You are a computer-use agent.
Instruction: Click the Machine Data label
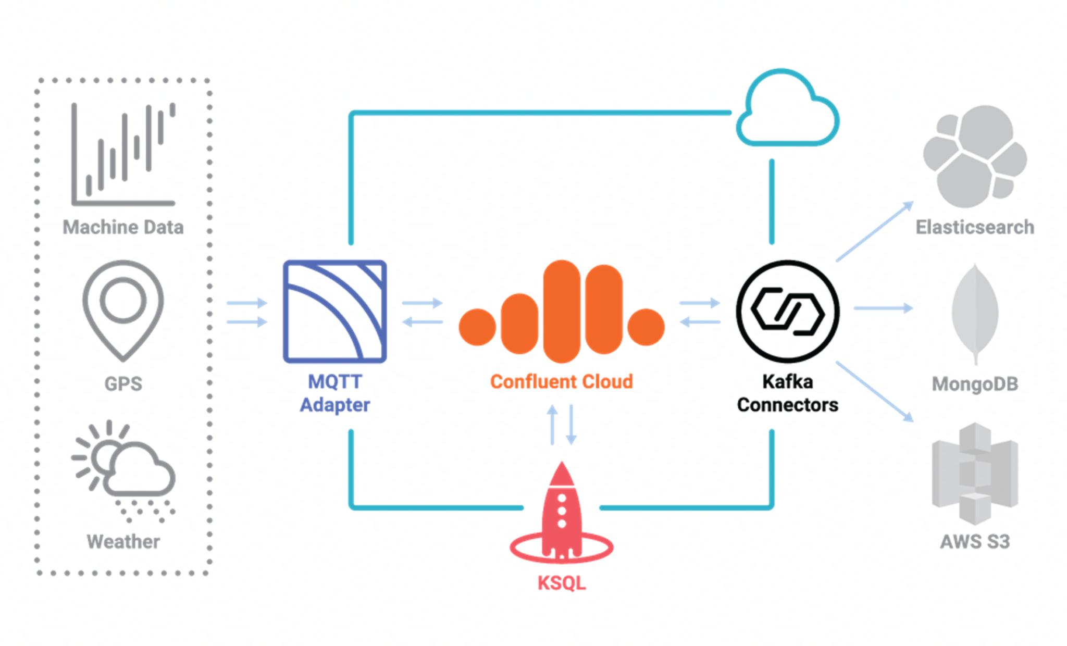(123, 228)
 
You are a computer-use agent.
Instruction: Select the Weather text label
(123, 542)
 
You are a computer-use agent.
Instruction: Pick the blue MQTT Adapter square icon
(334, 312)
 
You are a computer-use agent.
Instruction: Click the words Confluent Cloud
(561, 382)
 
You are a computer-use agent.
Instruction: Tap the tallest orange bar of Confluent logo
(561, 312)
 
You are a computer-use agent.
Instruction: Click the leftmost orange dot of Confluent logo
(477, 327)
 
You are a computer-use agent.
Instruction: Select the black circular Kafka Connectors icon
(787, 312)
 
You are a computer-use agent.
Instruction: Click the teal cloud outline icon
(787, 112)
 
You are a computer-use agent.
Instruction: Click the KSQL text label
(561, 583)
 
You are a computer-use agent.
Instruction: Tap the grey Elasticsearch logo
(974, 156)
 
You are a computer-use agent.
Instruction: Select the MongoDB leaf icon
(975, 313)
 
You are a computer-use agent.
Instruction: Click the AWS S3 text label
(975, 542)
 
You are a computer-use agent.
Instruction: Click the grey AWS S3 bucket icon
(975, 474)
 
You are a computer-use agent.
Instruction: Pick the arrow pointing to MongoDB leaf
(883, 308)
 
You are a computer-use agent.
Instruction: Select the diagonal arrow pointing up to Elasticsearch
(875, 231)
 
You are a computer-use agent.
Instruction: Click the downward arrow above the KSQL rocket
(571, 425)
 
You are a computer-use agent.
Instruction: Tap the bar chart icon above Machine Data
(123, 154)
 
